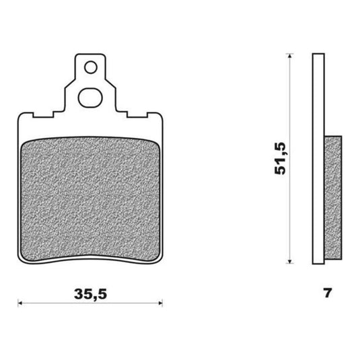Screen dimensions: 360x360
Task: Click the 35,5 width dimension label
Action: pos(90,294)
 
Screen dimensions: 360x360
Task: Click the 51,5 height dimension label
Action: pos(281,159)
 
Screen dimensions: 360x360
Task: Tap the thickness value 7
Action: pos(328,293)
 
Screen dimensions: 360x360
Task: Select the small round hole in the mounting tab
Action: pos(91,67)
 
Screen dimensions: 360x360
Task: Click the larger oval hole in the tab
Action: pos(90,98)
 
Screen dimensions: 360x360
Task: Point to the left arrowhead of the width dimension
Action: pos(20,303)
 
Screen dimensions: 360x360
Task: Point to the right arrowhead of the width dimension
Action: pos(161,303)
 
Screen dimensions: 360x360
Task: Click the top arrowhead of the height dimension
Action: pos(290,56)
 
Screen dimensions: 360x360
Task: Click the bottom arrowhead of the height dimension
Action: pos(290,261)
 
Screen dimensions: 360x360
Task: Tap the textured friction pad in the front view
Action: pos(90,199)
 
